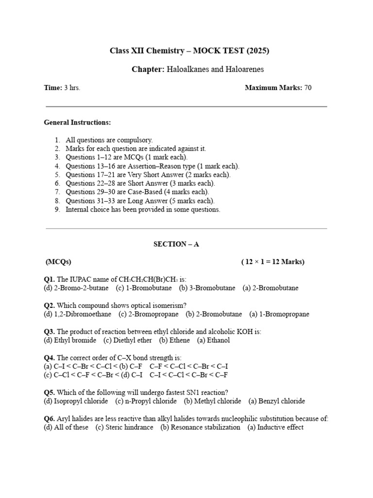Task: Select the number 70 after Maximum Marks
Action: (308, 88)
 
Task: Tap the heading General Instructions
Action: (77, 122)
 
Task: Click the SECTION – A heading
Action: (176, 244)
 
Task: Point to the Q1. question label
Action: (50, 279)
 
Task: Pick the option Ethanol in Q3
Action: (219, 340)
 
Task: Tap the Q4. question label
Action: (50, 357)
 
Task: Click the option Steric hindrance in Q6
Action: (129, 427)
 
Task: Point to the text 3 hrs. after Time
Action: (72, 88)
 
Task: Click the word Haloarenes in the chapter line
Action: (245, 69)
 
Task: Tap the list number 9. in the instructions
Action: (57, 210)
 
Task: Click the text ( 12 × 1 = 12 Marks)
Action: (272, 262)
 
